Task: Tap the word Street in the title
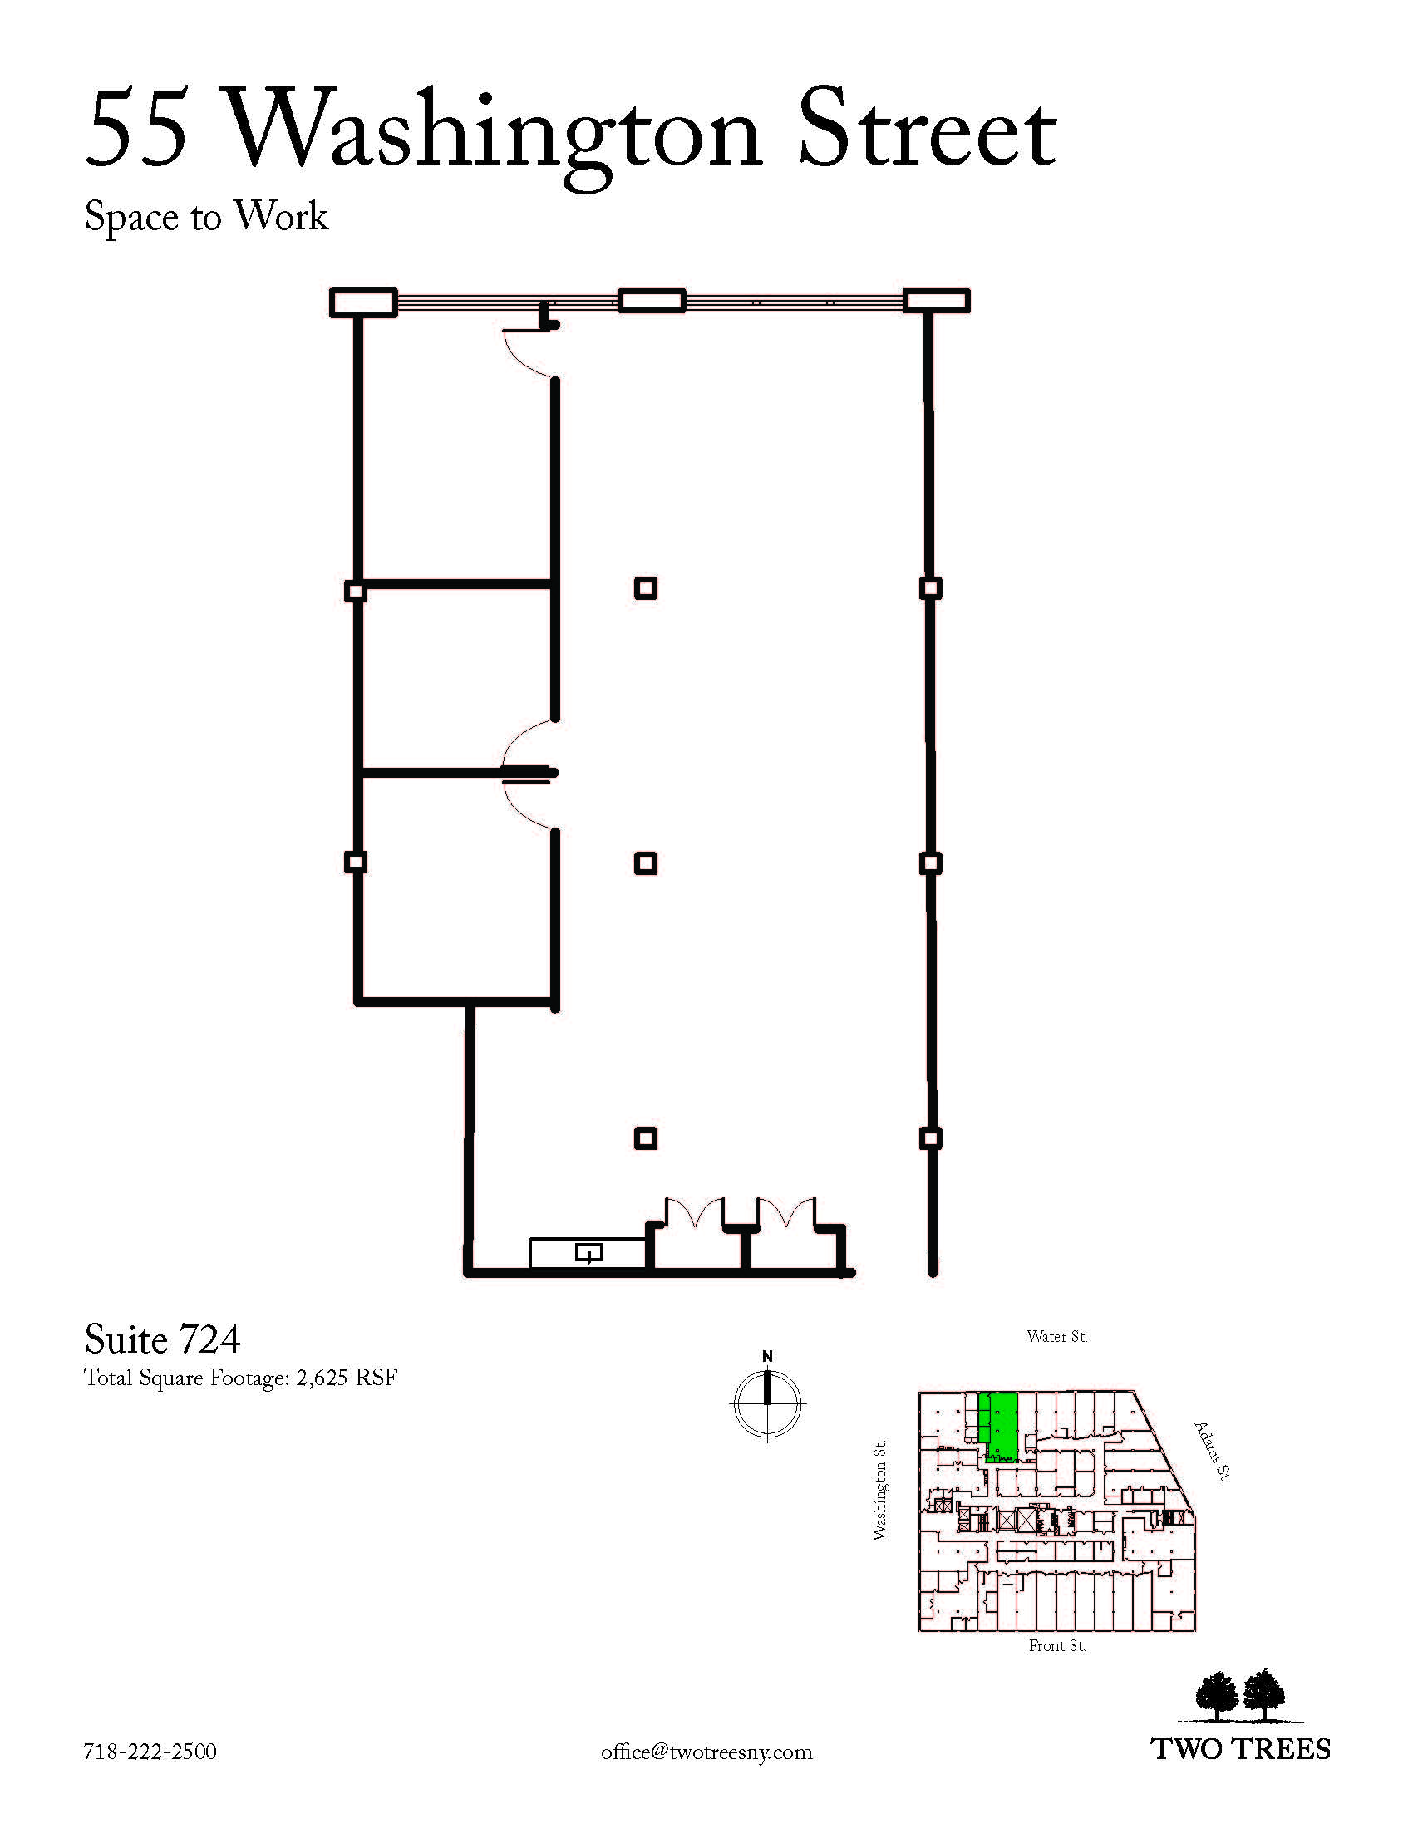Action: (928, 130)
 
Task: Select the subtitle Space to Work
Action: (206, 218)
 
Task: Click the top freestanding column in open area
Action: (645, 588)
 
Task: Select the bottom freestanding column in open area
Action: (645, 1138)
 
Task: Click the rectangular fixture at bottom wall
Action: (588, 1253)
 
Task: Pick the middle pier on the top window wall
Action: (652, 302)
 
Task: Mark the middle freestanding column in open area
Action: (645, 863)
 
